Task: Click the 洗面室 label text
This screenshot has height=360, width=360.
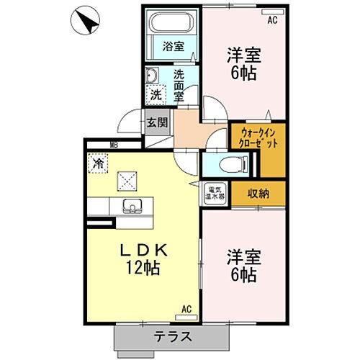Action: click(179, 83)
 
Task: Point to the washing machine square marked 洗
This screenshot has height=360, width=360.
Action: click(156, 94)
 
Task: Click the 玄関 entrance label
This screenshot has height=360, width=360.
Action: click(157, 122)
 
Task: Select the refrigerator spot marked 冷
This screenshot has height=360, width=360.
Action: click(97, 163)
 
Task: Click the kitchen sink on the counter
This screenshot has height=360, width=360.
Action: click(131, 206)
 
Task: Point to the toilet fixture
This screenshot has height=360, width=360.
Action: click(224, 164)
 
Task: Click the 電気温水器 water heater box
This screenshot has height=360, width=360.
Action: click(215, 192)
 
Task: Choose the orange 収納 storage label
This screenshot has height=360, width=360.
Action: click(258, 193)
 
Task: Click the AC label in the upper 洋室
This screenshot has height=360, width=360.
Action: click(272, 21)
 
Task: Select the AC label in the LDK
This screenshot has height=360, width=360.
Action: click(186, 310)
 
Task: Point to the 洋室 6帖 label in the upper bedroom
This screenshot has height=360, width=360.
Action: click(243, 63)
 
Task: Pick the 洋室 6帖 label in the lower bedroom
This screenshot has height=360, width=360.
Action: click(243, 265)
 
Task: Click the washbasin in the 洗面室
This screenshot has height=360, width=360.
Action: click(153, 74)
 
